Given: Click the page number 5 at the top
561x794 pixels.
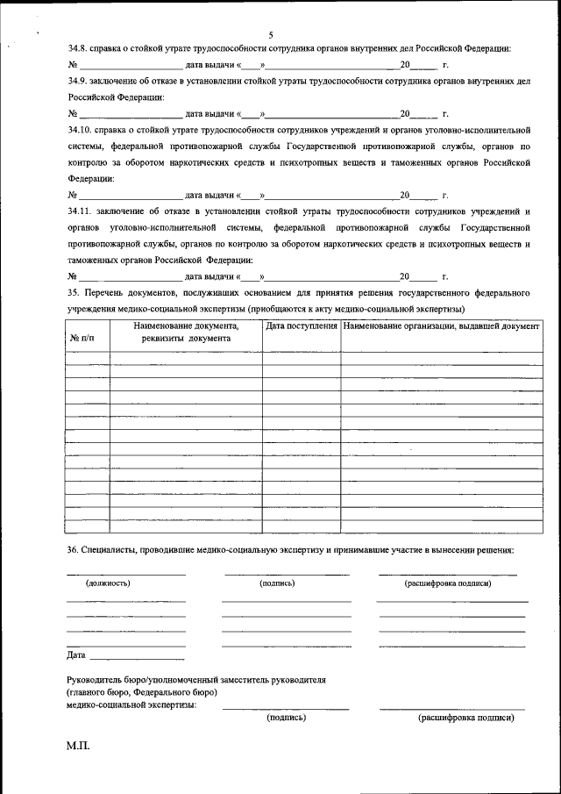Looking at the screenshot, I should (272, 34).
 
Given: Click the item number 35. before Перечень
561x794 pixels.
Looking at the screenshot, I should (74, 293).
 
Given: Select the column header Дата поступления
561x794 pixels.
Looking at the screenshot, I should (302, 326).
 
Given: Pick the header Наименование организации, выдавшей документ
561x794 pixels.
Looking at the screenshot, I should (441, 326).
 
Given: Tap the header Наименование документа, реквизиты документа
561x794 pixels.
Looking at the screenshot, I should (186, 332).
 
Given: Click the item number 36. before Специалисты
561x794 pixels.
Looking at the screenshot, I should (74, 550).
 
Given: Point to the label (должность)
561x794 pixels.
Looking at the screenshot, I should (108, 583).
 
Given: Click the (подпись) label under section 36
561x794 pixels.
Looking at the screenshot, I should (277, 583).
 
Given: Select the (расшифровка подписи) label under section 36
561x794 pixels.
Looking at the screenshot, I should (447, 583).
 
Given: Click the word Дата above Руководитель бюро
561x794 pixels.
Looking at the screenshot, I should (76, 655).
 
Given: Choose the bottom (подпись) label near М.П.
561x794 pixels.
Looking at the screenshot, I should (286, 717).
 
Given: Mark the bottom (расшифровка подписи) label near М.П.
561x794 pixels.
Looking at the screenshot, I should (466, 717).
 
